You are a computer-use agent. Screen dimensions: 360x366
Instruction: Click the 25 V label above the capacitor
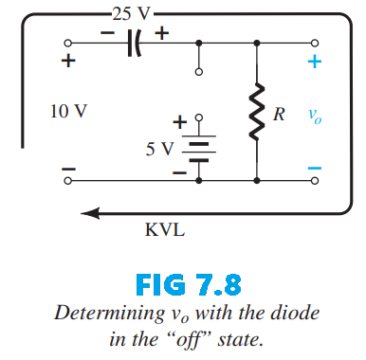131,14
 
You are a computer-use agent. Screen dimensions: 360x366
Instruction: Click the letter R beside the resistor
280,114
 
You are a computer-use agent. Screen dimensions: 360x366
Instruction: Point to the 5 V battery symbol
198,149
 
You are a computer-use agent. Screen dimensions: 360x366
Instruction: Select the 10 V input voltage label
69,111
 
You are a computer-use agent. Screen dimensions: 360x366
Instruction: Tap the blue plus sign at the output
315,63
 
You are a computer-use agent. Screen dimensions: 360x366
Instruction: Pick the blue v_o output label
314,116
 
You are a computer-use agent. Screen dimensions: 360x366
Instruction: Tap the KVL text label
165,230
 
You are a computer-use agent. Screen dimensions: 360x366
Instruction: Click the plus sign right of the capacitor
162,31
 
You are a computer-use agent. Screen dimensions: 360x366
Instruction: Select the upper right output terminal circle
315,44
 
